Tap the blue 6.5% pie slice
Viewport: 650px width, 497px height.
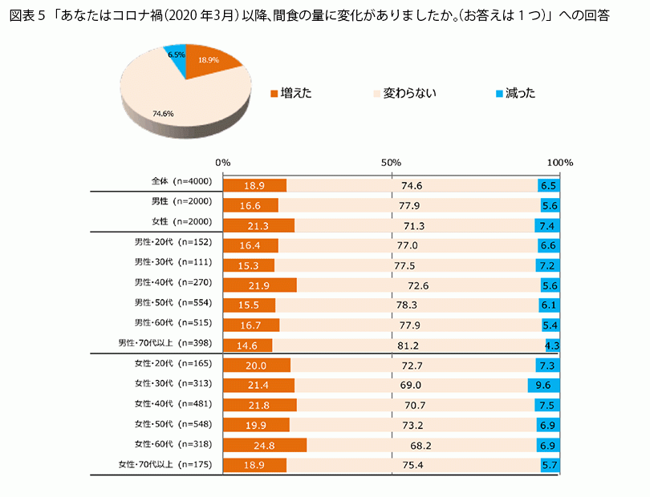tap(177, 58)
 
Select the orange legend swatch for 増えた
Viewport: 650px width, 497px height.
tap(274, 94)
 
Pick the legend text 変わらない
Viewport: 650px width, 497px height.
tap(409, 94)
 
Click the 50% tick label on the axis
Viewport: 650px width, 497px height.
tap(391, 162)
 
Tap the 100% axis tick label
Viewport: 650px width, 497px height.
tap(559, 162)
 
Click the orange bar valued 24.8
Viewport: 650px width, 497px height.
tap(265, 445)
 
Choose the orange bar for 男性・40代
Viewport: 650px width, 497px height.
tap(259, 285)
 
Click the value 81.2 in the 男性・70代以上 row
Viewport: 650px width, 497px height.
tap(407, 345)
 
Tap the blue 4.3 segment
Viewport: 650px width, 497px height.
tap(553, 345)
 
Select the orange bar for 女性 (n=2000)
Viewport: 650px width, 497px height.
tap(258, 225)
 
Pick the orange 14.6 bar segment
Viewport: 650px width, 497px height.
tap(247, 345)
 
